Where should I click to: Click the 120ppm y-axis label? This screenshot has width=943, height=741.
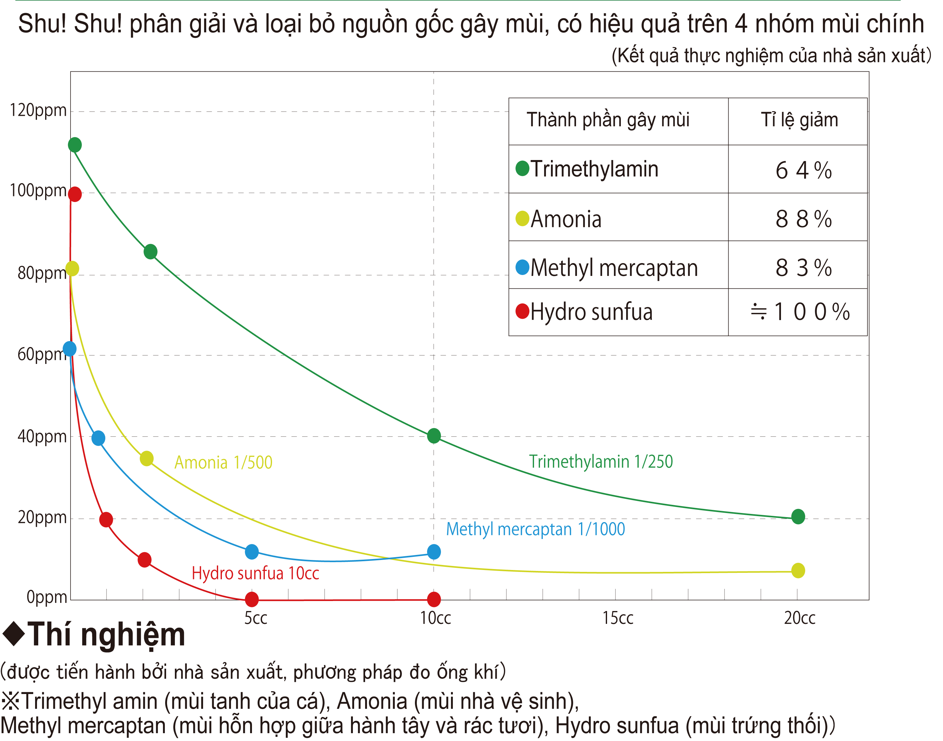click(38, 111)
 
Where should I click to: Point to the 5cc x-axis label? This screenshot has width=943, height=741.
click(255, 618)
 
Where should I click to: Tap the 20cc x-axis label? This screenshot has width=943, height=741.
click(799, 618)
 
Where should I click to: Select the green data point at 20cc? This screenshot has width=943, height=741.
click(798, 516)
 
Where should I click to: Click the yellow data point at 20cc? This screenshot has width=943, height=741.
click(798, 571)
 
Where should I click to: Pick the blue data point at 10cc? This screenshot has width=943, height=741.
click(434, 552)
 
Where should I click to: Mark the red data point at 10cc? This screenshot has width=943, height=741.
click(434, 599)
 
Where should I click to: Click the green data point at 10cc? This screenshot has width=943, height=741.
click(434, 436)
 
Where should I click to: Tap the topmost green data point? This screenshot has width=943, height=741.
click(75, 145)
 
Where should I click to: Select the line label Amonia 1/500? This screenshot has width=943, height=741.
click(223, 463)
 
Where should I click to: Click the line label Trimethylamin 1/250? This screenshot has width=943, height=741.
click(601, 462)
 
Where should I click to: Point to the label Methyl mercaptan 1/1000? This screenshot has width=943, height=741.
click(535, 529)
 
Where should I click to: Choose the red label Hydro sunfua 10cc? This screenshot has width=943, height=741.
click(255, 573)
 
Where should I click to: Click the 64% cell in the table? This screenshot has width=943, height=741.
click(803, 170)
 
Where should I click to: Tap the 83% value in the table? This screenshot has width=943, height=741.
click(803, 267)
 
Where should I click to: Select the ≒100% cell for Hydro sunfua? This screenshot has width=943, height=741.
click(800, 312)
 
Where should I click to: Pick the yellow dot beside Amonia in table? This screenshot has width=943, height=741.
click(522, 218)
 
